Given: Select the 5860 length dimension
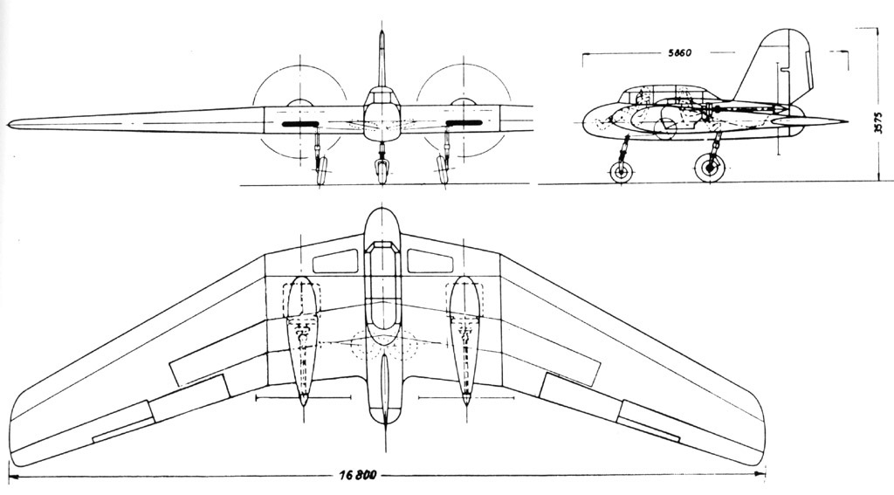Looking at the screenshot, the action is tap(678, 53).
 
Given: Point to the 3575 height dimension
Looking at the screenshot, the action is tap(878, 121).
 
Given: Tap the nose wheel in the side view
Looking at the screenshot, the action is tap(621, 172).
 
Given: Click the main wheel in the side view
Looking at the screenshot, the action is tap(710, 168).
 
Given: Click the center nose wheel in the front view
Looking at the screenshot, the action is tap(382, 172).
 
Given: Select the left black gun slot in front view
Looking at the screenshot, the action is tap(300, 123).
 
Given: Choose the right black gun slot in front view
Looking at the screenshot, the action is tap(464, 122).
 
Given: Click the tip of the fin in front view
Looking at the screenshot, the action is tap(382, 32).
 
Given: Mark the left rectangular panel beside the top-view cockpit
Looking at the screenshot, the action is tap(335, 262).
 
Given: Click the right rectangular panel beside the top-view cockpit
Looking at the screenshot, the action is tap(430, 261).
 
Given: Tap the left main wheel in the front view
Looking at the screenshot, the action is tap(321, 170).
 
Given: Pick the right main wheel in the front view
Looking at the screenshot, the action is tap(442, 170).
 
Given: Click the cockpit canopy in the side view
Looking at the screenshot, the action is tap(664, 94).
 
